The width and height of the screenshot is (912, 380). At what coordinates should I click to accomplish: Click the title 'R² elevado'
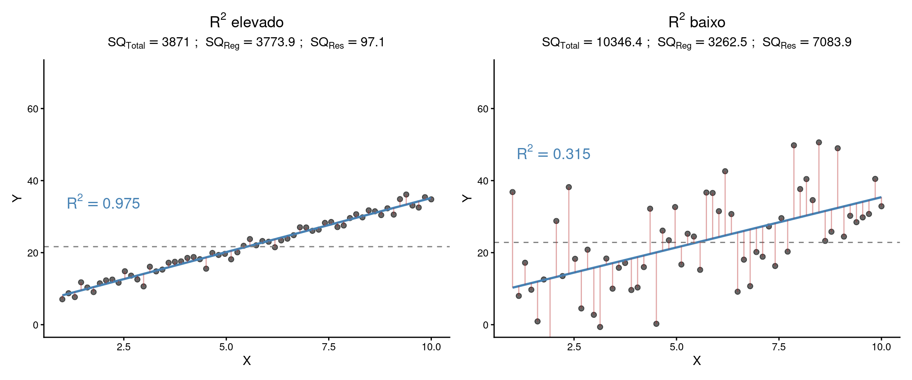click(x=247, y=22)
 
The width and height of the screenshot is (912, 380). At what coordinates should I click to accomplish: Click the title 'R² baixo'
click(x=697, y=22)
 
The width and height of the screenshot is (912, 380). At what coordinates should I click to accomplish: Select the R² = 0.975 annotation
click(x=103, y=203)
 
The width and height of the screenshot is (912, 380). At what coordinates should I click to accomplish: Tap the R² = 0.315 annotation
click(x=553, y=154)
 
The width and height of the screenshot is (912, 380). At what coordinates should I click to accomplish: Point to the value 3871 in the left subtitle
click(x=176, y=42)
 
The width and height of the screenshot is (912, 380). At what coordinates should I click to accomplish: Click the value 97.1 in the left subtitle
click(x=372, y=42)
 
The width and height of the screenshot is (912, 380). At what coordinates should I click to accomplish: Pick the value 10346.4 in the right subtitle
click(x=619, y=42)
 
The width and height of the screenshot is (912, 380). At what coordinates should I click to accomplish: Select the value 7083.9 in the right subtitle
click(x=832, y=42)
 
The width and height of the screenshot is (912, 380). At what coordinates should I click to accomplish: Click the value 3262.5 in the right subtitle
click(x=728, y=42)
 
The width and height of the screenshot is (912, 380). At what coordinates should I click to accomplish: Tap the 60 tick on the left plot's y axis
click(x=33, y=109)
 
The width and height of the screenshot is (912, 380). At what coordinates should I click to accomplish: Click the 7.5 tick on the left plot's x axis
click(x=329, y=347)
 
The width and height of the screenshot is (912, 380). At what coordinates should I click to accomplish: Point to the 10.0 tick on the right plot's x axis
click(x=881, y=347)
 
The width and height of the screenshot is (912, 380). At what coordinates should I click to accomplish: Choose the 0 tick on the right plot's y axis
click(x=486, y=325)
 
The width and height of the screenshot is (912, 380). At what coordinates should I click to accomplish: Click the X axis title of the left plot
click(x=247, y=361)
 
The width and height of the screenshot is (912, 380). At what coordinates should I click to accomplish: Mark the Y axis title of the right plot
click(x=467, y=198)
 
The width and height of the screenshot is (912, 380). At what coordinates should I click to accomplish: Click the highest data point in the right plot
click(x=819, y=142)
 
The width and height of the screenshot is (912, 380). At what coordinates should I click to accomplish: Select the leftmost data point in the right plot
click(x=513, y=192)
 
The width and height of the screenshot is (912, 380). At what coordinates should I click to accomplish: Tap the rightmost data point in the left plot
click(x=431, y=199)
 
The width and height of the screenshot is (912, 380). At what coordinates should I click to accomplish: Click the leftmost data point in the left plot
click(x=62, y=299)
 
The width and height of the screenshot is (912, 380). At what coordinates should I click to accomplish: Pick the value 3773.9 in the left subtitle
click(x=275, y=42)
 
